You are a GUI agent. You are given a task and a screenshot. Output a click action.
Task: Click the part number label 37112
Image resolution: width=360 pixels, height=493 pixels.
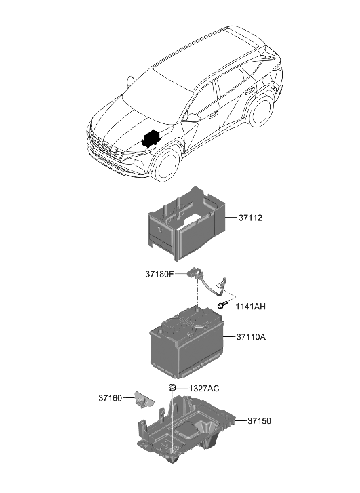pyautogui.click(x=250, y=218)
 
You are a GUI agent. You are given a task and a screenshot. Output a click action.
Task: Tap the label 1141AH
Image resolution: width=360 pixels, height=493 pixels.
pyautogui.click(x=251, y=307)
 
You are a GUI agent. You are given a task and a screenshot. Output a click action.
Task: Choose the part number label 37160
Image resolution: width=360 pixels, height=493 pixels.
pyautogui.click(x=109, y=398)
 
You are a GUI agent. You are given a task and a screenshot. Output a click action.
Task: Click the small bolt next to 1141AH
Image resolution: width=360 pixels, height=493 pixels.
pyautogui.click(x=222, y=307)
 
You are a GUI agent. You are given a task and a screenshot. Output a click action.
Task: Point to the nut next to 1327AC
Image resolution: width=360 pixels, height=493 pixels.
pyautogui.click(x=173, y=388)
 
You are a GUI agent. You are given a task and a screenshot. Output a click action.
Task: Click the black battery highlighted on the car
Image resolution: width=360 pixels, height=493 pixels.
pyautogui.click(x=151, y=138)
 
